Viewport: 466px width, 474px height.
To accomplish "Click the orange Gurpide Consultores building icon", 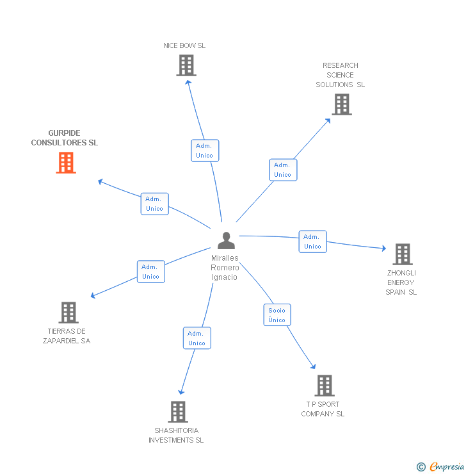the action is (66, 163).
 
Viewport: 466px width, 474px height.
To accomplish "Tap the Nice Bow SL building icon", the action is (186, 65).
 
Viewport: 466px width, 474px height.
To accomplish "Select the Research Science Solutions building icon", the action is (342, 104).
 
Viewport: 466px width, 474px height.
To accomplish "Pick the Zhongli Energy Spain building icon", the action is (402, 254).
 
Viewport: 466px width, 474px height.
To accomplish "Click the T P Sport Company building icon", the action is (325, 386).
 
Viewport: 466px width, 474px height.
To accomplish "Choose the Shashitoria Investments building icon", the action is (178, 412).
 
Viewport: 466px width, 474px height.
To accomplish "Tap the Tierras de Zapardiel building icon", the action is (68, 313).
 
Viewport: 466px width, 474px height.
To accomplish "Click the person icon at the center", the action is (226, 241).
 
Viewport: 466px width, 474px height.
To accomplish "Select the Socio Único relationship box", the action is (277, 315).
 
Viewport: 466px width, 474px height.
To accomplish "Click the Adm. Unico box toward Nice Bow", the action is (205, 151).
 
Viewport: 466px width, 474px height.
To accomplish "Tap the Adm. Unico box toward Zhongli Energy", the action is (312, 241).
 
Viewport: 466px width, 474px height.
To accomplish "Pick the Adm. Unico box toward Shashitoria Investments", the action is (197, 338).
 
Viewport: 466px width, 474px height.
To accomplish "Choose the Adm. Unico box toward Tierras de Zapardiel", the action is (151, 272).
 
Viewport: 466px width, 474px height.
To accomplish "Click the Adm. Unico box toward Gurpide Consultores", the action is (155, 204).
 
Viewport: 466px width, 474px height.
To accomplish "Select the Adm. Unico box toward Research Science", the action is (283, 170).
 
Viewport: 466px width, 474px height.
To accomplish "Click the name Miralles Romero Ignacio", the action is (225, 268).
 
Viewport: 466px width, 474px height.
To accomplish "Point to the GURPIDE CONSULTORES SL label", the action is (65, 138).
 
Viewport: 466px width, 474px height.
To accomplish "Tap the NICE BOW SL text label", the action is (184, 45).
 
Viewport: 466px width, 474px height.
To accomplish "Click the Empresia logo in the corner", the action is (440, 467).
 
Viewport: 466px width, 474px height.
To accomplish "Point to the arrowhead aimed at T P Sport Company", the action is (314, 367).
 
